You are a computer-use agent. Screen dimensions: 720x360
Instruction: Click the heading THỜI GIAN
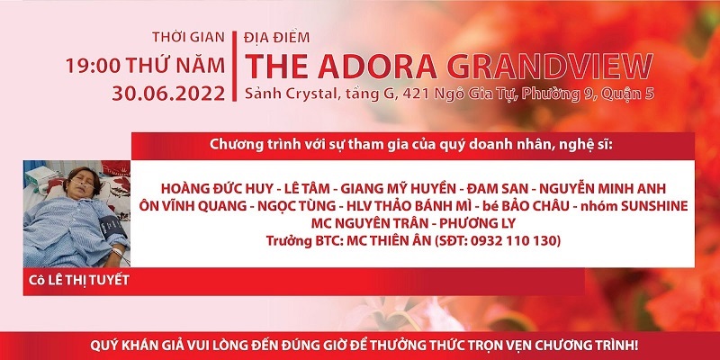[x=188, y=38]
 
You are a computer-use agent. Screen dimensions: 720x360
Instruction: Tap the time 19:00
[x=94, y=66]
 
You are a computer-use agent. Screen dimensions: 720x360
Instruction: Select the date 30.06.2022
[x=168, y=94]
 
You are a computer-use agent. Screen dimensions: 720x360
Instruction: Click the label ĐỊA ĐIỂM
[x=277, y=37]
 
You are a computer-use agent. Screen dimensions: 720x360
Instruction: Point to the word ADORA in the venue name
[x=376, y=66]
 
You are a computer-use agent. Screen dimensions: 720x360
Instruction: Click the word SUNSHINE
[x=654, y=206]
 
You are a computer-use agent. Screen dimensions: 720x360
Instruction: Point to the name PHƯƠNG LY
[x=478, y=223]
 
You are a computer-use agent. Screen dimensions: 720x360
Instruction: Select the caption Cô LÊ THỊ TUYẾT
[x=79, y=280]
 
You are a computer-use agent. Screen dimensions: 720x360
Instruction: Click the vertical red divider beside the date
[x=234, y=66]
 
